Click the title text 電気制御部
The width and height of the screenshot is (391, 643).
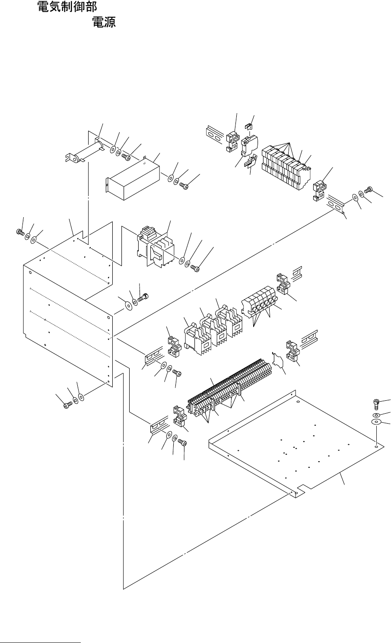click(x=67, y=7)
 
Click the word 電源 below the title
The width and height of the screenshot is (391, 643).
click(x=104, y=22)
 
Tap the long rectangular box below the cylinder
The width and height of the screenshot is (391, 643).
click(x=133, y=178)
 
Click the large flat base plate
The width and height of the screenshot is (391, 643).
click(x=296, y=443)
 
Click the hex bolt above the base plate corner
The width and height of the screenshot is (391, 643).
click(x=376, y=404)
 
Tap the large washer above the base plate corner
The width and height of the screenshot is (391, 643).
click(x=376, y=421)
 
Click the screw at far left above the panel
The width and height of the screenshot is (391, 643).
click(x=20, y=231)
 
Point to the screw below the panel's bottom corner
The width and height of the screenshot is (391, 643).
click(x=67, y=405)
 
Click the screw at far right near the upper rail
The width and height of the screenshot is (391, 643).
click(x=368, y=190)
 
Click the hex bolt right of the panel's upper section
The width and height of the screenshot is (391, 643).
click(x=143, y=298)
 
